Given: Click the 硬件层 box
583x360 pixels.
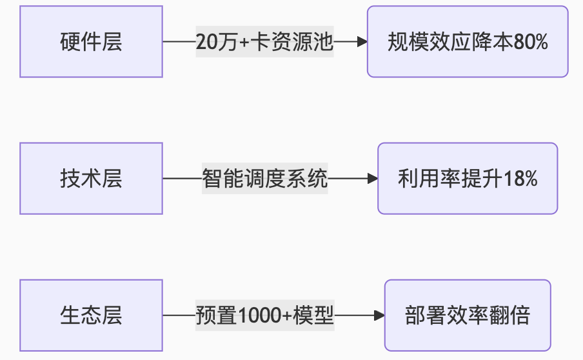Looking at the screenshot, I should [x=91, y=42].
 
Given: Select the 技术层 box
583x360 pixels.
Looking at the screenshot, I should [x=91, y=179].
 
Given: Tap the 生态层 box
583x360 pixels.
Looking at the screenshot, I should [x=91, y=315].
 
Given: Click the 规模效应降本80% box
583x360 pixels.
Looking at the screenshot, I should [x=468, y=42].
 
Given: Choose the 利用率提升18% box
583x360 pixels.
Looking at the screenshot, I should [x=468, y=179].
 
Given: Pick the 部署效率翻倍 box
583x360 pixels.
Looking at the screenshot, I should [x=468, y=315].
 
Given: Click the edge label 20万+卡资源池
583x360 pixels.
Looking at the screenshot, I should [x=264, y=42].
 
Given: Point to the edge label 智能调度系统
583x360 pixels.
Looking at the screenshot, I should [x=264, y=179].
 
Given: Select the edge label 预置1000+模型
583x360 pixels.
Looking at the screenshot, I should [x=264, y=315].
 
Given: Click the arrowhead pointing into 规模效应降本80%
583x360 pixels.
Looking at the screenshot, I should [x=362, y=42].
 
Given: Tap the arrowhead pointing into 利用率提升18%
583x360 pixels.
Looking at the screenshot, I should [x=373, y=179].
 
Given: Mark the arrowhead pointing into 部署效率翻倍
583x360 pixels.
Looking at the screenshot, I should [x=380, y=315].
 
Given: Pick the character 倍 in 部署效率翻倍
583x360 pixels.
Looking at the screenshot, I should [x=519, y=315].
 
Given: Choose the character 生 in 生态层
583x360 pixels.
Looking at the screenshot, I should [x=70, y=315].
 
